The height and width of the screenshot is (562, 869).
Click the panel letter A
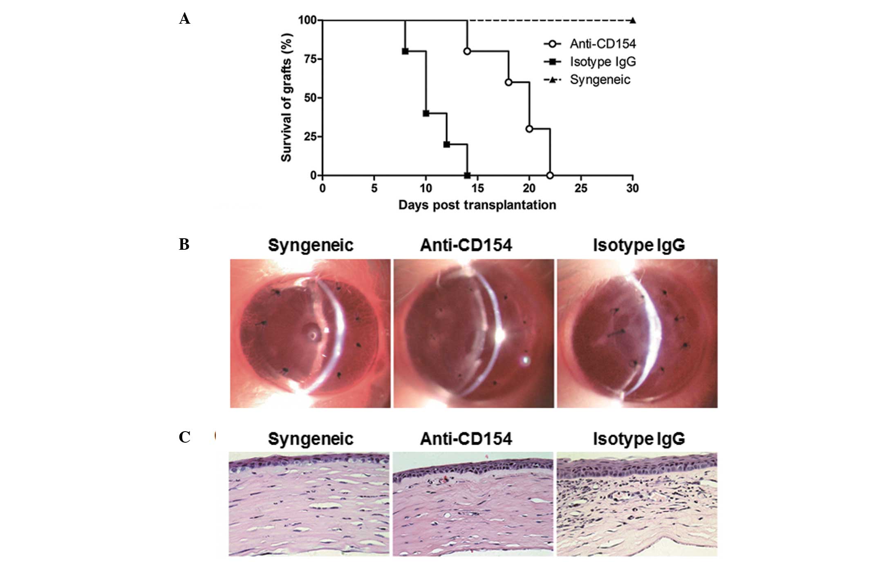click(184, 19)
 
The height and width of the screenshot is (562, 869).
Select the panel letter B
click(184, 244)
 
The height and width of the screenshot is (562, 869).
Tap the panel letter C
click(184, 437)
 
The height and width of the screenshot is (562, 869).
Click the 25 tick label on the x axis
click(581, 188)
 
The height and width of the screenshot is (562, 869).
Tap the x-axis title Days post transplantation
click(477, 205)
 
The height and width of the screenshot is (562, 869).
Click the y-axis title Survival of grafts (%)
click(286, 98)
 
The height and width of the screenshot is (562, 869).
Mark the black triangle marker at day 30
click(632, 20)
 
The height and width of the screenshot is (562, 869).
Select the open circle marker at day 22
click(550, 175)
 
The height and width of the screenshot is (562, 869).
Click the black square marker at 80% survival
click(405, 51)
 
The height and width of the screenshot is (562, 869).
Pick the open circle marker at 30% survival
click(529, 129)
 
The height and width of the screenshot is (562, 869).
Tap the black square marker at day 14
click(467, 175)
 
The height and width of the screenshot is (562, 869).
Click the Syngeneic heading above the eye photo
click(311, 245)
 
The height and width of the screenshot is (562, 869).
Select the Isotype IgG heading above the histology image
click(639, 439)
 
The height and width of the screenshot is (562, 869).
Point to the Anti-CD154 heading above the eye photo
click(466, 245)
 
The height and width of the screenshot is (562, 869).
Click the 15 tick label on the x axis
click(477, 188)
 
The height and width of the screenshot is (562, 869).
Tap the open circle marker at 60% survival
click(508, 82)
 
